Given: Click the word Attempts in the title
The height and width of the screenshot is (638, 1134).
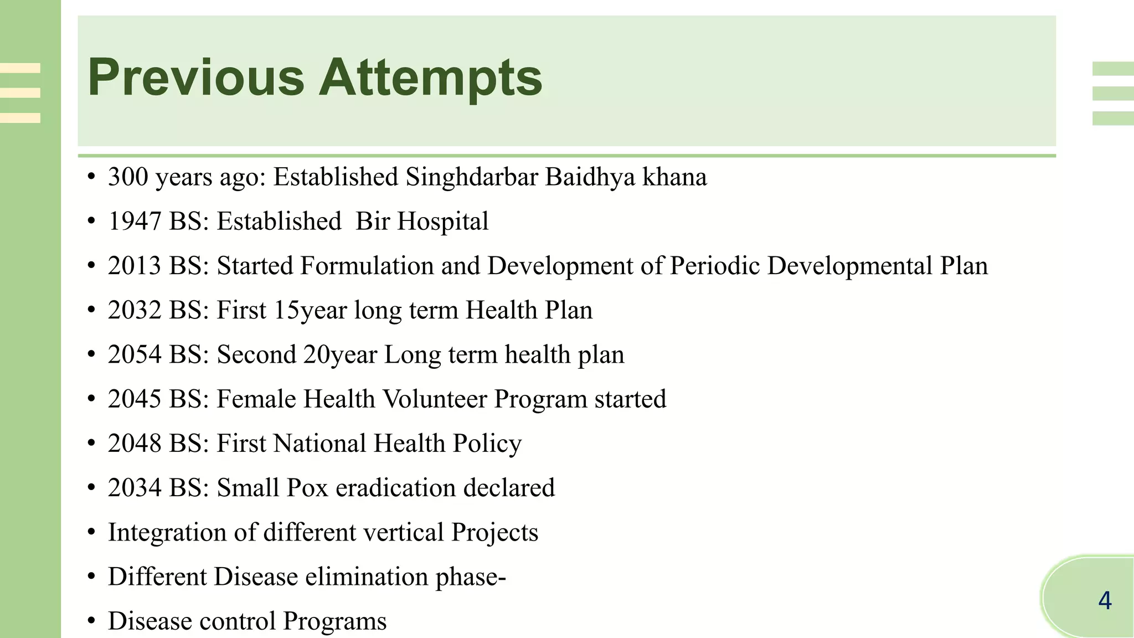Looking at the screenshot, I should click(430, 78).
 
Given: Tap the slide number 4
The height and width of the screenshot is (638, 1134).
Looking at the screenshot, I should click(1105, 601).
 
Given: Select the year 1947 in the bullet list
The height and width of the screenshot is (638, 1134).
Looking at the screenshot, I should click(135, 222).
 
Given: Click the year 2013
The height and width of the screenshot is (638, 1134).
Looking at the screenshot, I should click(135, 266).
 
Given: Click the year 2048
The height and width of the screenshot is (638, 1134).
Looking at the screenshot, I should click(135, 443).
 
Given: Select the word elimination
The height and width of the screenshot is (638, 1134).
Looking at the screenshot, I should click(366, 577).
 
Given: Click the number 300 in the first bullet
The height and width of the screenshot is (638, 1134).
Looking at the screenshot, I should click(128, 177).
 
